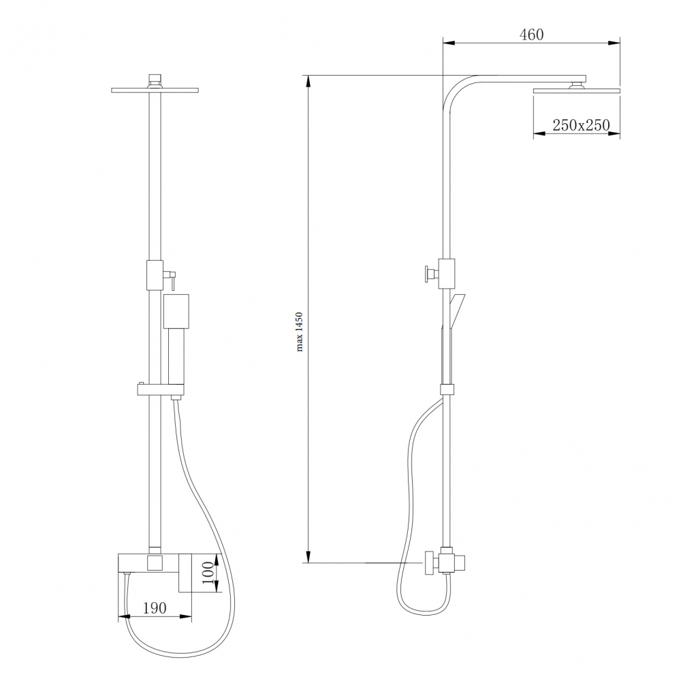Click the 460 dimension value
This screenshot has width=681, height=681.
(x=532, y=34)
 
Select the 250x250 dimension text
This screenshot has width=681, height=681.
(x=580, y=125)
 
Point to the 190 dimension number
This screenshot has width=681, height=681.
(x=155, y=609)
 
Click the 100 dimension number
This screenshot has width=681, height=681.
(x=207, y=574)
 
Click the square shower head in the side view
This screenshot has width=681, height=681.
(x=577, y=90)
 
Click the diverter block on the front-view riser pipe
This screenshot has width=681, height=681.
(x=155, y=275)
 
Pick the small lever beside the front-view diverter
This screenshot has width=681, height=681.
(x=172, y=279)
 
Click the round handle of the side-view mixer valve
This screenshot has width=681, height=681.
(x=429, y=563)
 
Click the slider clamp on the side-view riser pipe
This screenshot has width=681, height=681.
(x=447, y=390)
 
